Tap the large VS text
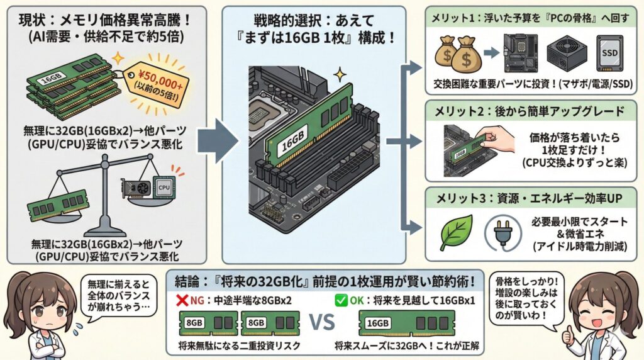(x=324, y=323)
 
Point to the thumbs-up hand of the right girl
(x=571, y=334)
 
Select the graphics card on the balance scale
(x=135, y=189)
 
